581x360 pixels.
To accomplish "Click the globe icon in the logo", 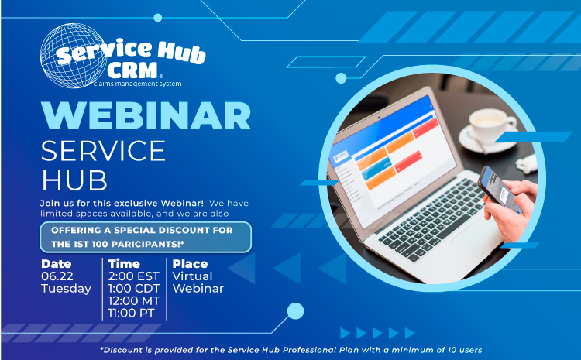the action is pos(73,56).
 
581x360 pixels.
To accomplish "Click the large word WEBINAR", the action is pos(146,115).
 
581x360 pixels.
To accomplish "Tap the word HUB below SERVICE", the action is pos(74,180).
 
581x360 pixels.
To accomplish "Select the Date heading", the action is pos(57,264).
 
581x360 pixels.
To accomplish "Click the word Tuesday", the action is pos(66,289).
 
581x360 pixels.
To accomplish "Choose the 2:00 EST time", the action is pos(134,276).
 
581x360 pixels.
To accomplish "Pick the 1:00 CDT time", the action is pos(134,289).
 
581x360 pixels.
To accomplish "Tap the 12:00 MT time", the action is pos(134,300).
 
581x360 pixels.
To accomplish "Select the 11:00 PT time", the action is pos(131,313).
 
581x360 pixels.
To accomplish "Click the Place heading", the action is pos(190,264).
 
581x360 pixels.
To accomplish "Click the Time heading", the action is pos(124,264).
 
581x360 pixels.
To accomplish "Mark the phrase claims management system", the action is pos(137,84).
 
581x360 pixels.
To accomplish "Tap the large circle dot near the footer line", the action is pos(295,311).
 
